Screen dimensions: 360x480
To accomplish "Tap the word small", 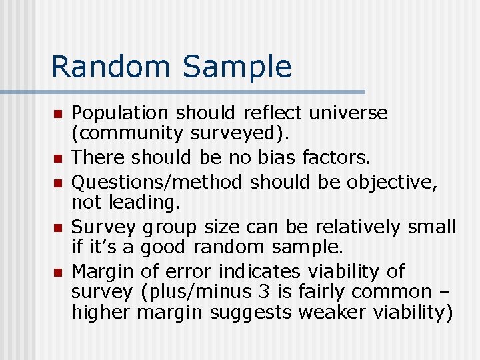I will [431, 227].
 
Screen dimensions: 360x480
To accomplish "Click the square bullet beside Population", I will [58, 114].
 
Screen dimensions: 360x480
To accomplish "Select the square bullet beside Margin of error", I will [58, 273].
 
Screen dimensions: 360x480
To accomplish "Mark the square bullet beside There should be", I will [58, 159].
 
